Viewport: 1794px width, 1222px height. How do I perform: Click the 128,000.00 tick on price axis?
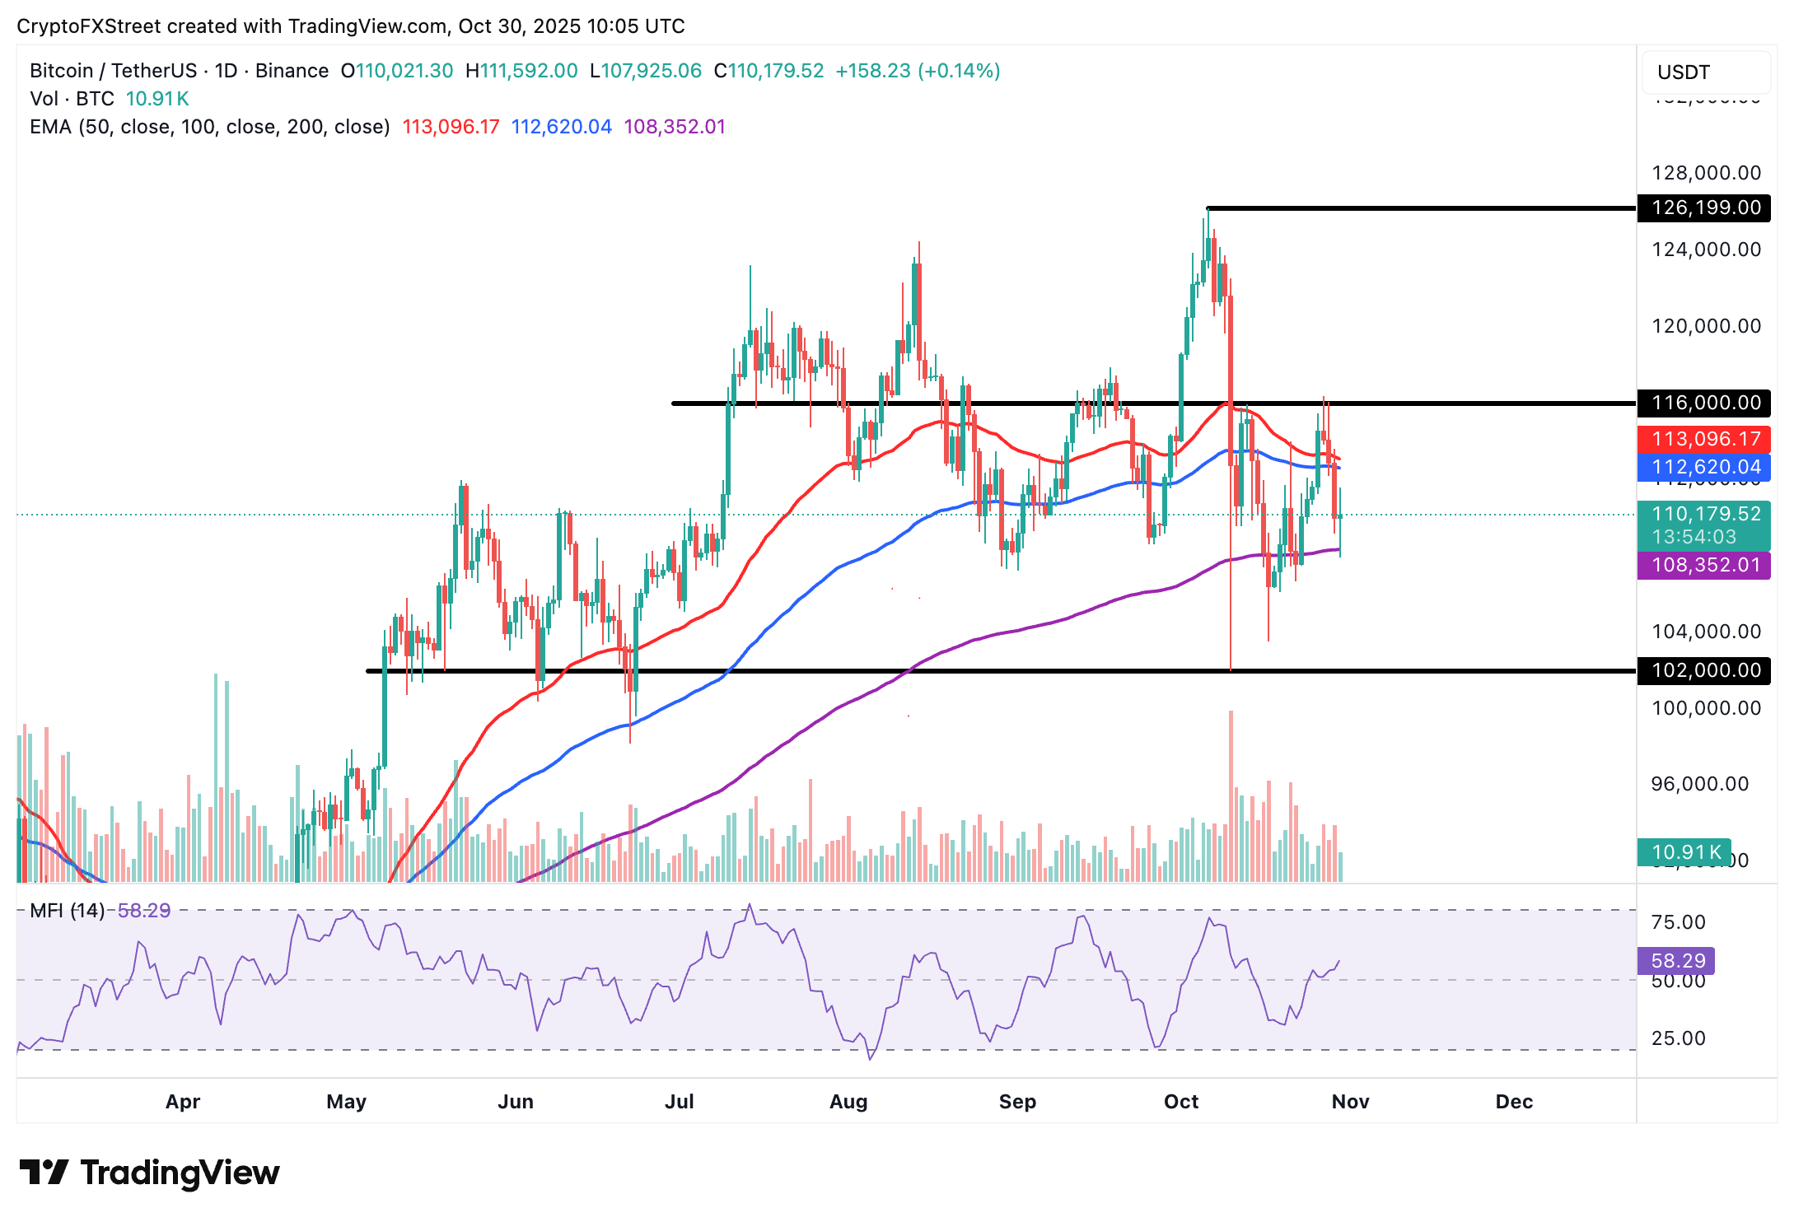click(1706, 173)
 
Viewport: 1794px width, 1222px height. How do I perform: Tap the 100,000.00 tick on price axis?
click(1706, 708)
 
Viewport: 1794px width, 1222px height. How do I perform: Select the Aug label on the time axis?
click(848, 1102)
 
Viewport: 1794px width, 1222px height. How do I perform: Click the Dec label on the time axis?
click(1514, 1102)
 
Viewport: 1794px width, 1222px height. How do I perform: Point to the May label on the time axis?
click(346, 1102)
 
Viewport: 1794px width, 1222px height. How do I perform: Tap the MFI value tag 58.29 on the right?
click(1677, 961)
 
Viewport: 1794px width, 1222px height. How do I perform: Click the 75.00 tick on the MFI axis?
click(1678, 922)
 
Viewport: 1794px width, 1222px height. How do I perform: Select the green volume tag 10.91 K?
click(1685, 852)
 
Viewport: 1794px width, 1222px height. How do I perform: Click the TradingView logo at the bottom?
click(150, 1173)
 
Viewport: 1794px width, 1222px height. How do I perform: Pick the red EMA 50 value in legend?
click(451, 127)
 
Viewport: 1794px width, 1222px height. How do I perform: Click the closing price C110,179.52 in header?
click(769, 71)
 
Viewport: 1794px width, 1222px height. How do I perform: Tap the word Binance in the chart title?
click(292, 71)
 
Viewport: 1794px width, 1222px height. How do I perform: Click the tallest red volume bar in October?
click(1231, 795)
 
